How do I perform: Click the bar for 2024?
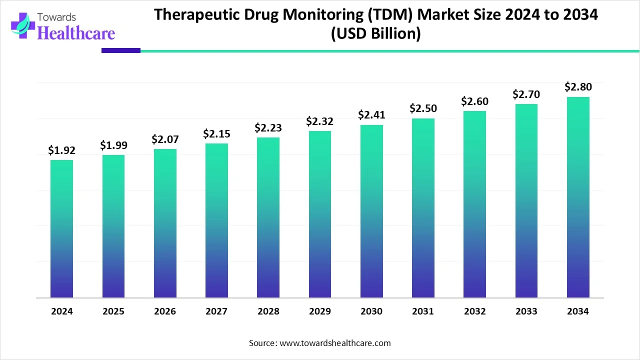tap(61, 229)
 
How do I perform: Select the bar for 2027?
tap(216, 220)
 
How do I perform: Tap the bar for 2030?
tap(371, 211)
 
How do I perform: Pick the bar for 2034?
tap(578, 197)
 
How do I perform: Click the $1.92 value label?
tap(61, 150)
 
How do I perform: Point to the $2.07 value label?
tap(165, 139)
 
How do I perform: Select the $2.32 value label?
tap(320, 121)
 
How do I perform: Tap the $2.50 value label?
tap(423, 108)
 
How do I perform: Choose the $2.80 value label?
tap(578, 87)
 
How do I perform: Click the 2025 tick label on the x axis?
tap(113, 311)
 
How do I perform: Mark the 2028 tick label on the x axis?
tap(268, 311)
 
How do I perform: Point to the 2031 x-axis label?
tap(423, 311)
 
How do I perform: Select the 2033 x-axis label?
tap(526, 311)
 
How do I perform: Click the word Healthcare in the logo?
tap(76, 33)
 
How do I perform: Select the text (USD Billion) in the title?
tap(375, 34)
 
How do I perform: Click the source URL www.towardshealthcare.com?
tap(334, 343)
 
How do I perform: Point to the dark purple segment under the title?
tap(121, 50)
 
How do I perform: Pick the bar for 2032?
tap(474, 204)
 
